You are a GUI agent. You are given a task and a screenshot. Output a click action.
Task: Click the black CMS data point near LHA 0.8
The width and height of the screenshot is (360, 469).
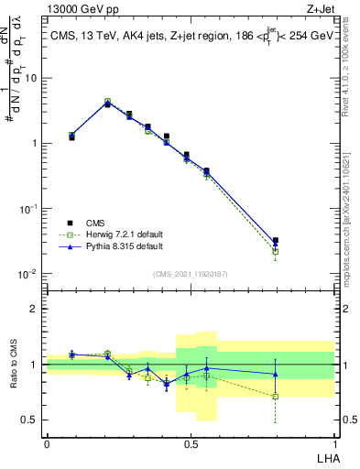click(x=276, y=241)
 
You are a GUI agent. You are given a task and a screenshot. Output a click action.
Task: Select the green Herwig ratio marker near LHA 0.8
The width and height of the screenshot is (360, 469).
click(x=276, y=396)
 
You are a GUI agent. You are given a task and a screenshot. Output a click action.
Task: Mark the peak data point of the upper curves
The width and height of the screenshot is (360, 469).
click(x=107, y=103)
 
